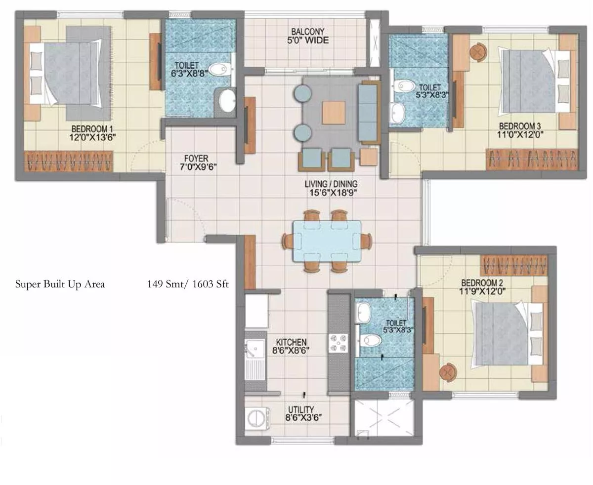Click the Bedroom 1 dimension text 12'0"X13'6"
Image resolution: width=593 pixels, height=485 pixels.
(x=92, y=137)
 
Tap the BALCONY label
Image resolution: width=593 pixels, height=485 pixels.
(x=307, y=32)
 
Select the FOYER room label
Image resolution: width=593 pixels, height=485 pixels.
(x=196, y=158)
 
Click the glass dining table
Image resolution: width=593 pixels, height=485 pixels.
(x=327, y=241)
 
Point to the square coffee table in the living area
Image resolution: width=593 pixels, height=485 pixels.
(x=334, y=113)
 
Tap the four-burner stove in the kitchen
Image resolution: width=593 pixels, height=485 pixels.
(x=338, y=343)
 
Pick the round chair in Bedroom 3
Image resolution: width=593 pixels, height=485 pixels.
(x=478, y=52)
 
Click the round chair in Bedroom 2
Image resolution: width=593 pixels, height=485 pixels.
(x=448, y=372)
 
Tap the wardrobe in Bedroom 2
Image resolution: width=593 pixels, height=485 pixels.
(x=514, y=265)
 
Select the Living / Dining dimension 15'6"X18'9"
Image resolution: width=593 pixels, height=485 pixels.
(x=333, y=193)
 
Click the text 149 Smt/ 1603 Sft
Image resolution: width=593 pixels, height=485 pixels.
(x=188, y=284)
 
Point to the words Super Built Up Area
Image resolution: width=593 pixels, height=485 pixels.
(x=60, y=284)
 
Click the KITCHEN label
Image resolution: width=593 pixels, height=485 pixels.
(x=291, y=342)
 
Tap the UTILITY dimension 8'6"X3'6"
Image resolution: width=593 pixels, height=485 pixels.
(x=303, y=417)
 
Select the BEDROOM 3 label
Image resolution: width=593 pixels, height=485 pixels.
(x=520, y=126)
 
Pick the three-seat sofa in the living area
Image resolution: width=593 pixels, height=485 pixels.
(x=368, y=113)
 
